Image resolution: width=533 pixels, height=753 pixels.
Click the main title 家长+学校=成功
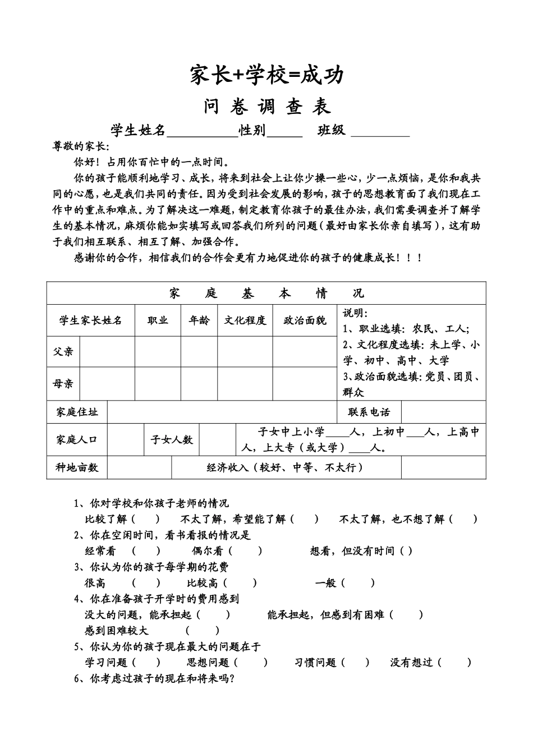point(266,75)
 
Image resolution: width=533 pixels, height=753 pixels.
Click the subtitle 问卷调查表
point(267,107)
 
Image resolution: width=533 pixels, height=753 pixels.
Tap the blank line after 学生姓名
point(202,132)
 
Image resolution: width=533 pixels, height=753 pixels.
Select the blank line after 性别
point(284,132)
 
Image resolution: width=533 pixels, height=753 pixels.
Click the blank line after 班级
point(380,132)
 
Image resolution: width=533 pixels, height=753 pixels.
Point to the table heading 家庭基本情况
point(266,293)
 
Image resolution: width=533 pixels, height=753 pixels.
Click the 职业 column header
point(158,320)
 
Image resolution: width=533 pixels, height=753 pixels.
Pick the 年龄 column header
point(199,320)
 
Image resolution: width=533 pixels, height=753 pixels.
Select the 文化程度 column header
point(245,320)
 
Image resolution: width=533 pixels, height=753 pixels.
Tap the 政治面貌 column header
point(305,320)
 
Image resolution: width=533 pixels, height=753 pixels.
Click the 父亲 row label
point(63,352)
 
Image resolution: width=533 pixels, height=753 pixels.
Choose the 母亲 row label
point(63,384)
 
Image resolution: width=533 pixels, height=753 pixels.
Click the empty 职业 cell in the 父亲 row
point(158,352)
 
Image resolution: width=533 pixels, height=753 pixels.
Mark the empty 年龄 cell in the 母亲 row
point(199,384)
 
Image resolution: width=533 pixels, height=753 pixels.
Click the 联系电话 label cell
point(369,412)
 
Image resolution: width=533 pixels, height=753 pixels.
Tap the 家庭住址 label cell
point(77,412)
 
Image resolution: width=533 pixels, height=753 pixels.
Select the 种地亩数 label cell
point(77,467)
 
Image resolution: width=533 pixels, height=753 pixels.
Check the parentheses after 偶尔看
point(246,551)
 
